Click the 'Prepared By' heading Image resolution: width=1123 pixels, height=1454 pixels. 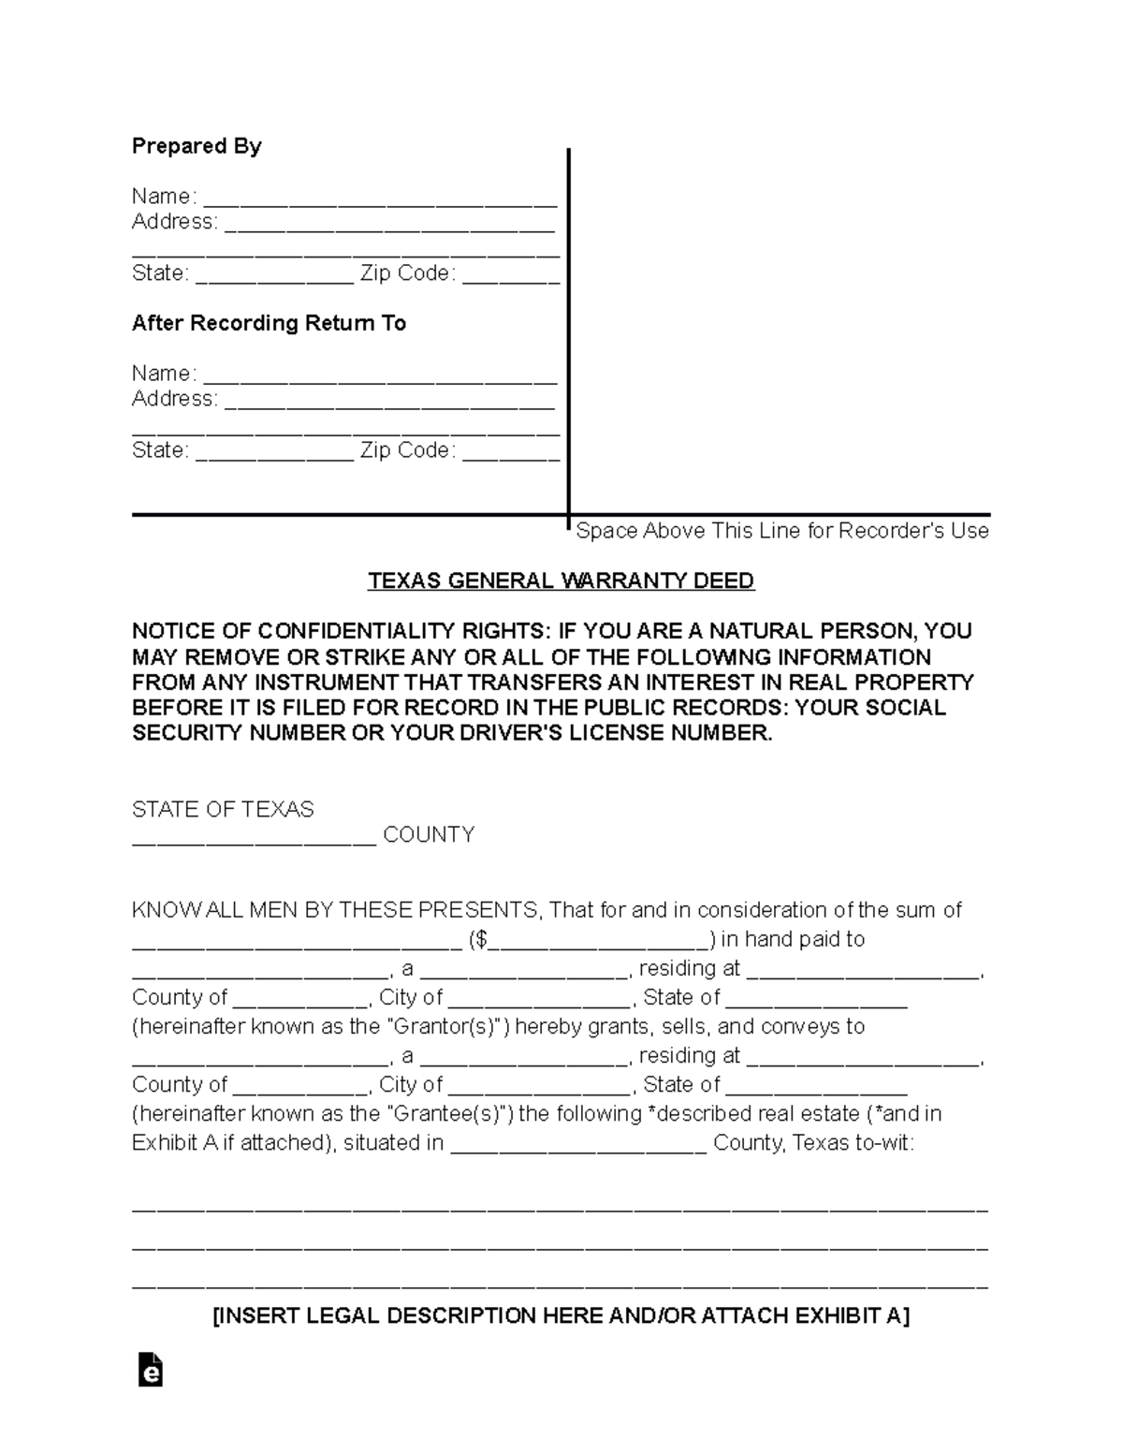pos(197,146)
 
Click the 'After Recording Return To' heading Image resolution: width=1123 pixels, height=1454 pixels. pos(269,323)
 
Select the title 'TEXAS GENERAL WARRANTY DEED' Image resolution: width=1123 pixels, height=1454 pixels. pos(561,580)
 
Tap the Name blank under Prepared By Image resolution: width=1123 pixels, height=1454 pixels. pos(380,199)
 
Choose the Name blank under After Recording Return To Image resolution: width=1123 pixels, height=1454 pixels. pos(380,376)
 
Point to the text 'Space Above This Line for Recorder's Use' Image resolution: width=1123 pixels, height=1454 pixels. pos(781,531)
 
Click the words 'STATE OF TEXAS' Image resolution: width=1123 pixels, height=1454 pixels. pos(223,809)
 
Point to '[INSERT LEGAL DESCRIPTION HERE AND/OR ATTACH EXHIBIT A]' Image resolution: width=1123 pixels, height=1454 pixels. pos(561,1315)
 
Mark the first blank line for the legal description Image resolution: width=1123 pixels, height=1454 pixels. pos(560,1209)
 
